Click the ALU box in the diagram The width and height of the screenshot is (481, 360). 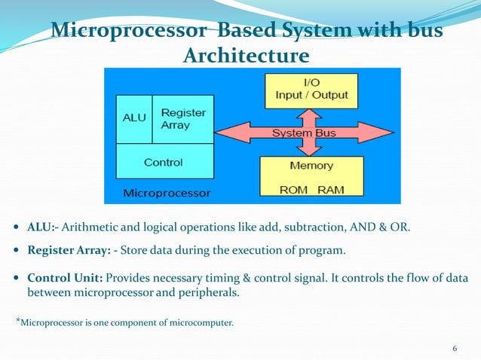pos(133,119)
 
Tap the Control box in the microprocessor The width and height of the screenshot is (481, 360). pos(163,161)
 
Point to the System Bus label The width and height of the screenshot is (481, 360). pos(305,134)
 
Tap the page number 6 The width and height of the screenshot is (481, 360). pos(455,348)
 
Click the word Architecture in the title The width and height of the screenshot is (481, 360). pos(246,56)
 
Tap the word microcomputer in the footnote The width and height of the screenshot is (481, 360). pos(201,324)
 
